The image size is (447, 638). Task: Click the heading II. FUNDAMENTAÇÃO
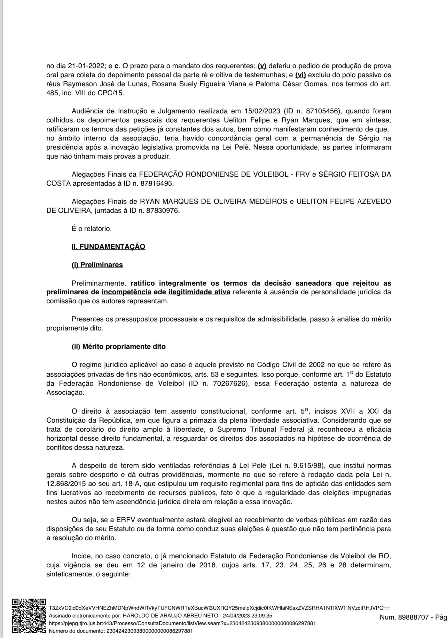[108, 247]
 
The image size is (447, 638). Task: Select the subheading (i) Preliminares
[97, 265]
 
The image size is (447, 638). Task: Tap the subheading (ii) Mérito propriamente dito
[119, 346]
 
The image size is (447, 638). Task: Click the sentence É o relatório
[92, 229]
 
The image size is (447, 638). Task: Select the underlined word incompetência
[127, 292]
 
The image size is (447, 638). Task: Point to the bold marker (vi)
[300, 75]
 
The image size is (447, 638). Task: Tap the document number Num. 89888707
[403, 617]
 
